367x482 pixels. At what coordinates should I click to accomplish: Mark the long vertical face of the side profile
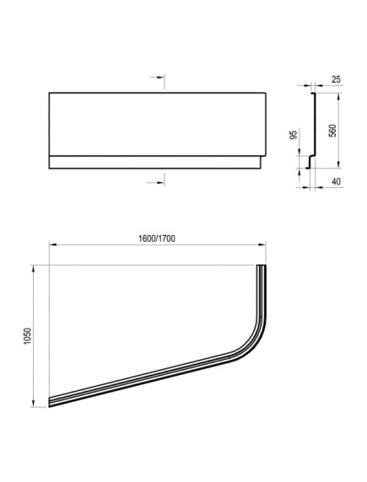312,122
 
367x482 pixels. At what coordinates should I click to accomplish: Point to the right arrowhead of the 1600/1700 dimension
265,246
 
